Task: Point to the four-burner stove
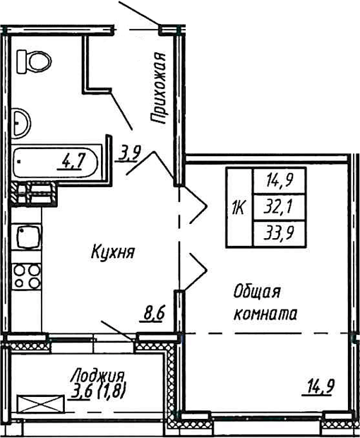[28, 277]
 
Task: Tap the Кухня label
[113, 251]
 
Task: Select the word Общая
[258, 292]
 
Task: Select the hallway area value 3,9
[128, 152]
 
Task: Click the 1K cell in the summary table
[238, 208]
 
